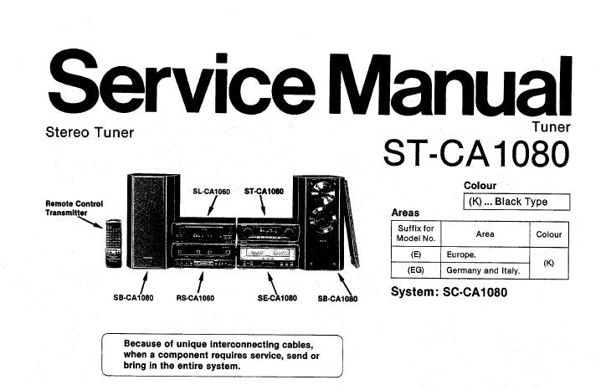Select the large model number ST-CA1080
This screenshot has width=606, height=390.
(x=476, y=153)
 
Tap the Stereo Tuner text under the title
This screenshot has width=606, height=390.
(x=90, y=132)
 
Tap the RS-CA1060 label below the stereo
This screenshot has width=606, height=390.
(x=195, y=298)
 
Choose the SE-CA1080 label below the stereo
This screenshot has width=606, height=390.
(x=277, y=298)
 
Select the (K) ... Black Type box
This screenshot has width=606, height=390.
(x=516, y=202)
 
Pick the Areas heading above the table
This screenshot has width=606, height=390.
(x=406, y=213)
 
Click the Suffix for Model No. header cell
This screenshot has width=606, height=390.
(x=416, y=233)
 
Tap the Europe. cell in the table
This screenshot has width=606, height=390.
(x=462, y=254)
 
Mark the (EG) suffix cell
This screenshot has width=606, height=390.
(x=416, y=270)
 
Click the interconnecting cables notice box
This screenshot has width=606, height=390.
(x=222, y=355)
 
